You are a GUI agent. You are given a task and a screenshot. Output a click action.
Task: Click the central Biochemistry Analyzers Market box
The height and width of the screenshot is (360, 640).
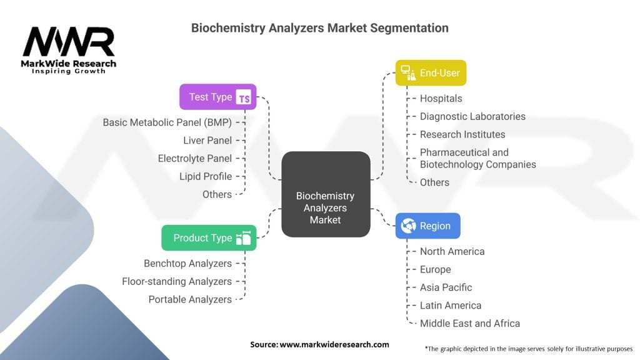325,194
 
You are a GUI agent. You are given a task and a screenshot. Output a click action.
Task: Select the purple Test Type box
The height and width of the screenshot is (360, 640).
217,97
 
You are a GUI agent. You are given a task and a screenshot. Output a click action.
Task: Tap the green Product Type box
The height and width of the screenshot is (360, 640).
209,237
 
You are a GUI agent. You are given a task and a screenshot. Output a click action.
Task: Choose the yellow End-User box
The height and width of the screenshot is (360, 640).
431,72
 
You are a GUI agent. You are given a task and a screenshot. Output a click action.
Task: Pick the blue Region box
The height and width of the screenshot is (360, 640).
427,226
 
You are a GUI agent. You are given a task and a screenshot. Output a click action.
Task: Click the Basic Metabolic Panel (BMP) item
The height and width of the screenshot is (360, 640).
167,122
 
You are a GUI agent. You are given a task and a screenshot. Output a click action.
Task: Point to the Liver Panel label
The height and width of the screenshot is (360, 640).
207,141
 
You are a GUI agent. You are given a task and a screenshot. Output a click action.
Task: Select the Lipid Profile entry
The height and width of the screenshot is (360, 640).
206,176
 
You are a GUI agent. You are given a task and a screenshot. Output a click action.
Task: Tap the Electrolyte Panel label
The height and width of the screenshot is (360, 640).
195,158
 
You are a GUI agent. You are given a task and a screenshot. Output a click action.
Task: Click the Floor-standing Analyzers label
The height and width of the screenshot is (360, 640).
177,281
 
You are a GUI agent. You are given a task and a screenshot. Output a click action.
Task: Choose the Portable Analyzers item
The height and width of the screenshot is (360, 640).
190,299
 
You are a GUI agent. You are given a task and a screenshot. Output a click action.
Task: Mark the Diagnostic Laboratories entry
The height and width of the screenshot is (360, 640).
472,116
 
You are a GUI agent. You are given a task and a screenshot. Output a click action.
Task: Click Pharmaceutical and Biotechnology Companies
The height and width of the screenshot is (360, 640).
477,158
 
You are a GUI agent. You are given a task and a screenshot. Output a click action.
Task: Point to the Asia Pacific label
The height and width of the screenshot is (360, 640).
446,287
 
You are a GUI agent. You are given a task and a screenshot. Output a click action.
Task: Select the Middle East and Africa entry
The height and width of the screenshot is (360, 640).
470,323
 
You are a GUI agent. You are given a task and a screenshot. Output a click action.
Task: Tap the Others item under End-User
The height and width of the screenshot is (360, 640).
434,182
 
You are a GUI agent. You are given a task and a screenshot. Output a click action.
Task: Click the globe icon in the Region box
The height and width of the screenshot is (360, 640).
409,226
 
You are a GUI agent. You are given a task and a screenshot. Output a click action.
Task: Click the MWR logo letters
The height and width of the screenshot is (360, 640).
69,42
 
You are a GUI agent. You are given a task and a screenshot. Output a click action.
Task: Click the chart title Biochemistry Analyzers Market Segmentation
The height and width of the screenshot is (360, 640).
319,28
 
